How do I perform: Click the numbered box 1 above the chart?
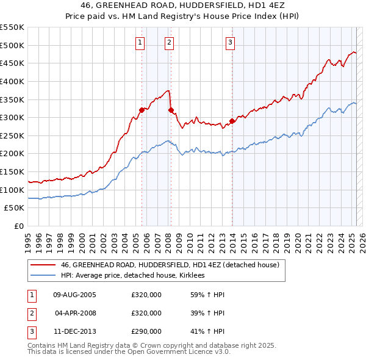[140, 42]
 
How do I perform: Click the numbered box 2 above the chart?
[169, 42]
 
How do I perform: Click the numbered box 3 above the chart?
[231, 42]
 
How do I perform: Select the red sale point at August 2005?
[142, 110]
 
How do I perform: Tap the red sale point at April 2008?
[171, 110]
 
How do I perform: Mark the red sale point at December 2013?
[232, 121]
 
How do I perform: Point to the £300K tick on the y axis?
[13, 117]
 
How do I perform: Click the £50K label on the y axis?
[15, 208]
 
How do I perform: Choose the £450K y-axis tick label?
[13, 63]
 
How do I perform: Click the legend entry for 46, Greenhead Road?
[170, 265]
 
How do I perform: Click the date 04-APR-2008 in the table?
[75, 313]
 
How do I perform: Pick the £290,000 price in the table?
[146, 331]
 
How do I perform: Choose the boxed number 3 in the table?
[31, 331]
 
